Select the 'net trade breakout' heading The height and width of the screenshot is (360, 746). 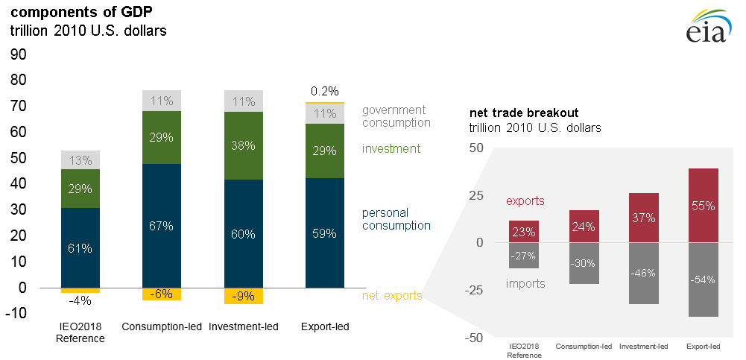coord(523,113)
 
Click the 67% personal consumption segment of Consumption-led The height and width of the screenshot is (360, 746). coord(162,225)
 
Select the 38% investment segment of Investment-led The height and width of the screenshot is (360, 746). coord(244,146)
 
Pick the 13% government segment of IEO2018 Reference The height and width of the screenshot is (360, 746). coord(80,160)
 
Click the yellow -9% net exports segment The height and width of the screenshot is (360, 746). coord(244,296)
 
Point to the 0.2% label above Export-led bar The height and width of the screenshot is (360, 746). coord(326,91)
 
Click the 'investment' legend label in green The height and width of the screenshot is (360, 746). coord(391,148)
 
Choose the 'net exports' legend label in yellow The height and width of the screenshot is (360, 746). coord(392,296)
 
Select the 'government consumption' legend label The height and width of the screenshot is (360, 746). coord(396,116)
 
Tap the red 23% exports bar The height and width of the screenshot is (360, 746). coord(525,232)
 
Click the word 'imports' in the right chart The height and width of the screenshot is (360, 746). coord(525,283)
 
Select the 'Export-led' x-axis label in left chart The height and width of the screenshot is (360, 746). coord(325,326)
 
